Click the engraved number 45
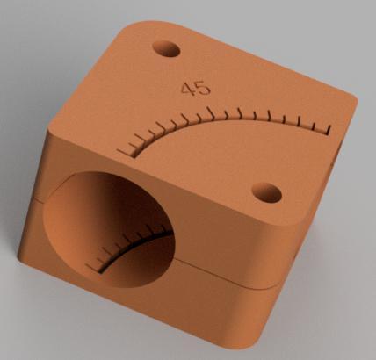[195, 88]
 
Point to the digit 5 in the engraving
[203, 88]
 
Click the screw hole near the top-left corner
[165, 47]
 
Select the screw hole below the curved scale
[267, 191]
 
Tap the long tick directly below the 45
[212, 115]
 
